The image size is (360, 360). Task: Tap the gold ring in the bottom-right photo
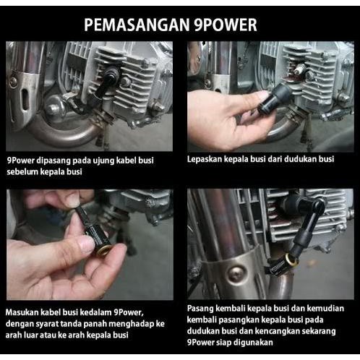pyautogui.click(x=291, y=260)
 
